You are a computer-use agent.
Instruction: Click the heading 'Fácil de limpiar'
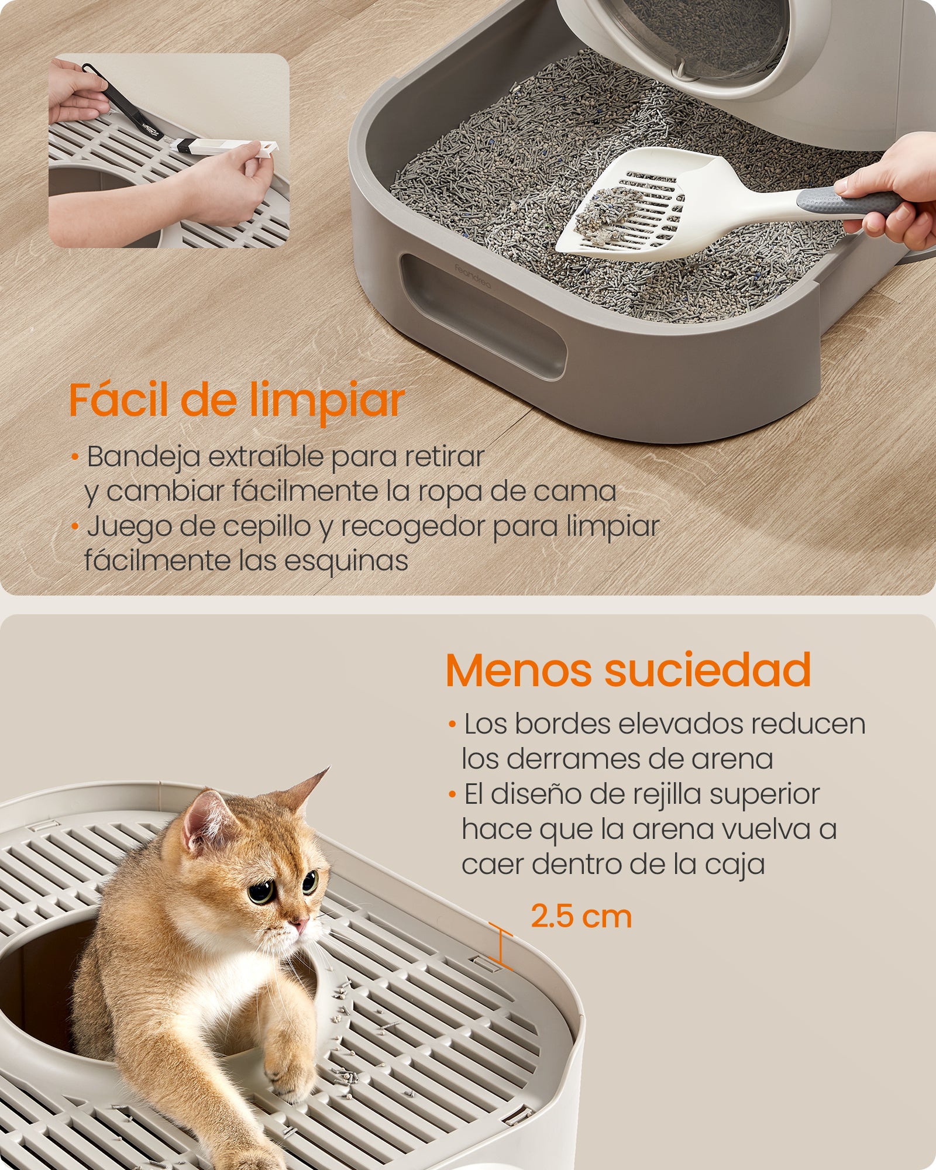237,401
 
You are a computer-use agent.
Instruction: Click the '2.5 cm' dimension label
581,917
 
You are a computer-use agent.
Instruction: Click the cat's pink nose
300,926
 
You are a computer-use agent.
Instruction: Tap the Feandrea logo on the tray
473,276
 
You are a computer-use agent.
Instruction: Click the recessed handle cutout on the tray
483,316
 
